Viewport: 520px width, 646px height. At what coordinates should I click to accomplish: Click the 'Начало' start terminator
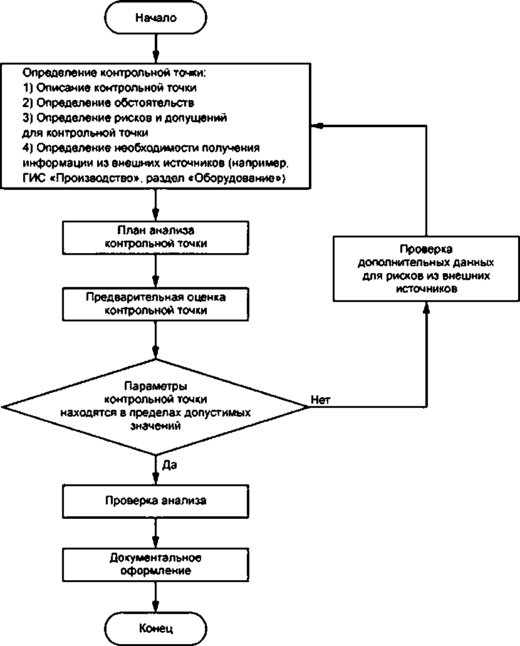[x=156, y=18]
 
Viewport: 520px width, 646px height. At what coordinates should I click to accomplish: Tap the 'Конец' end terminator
[x=156, y=628]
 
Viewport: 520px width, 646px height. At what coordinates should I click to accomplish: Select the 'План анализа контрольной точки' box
[x=156, y=237]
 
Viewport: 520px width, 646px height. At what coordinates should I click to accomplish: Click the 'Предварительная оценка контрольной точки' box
[x=156, y=304]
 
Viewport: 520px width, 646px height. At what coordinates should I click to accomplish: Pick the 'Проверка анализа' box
[x=156, y=501]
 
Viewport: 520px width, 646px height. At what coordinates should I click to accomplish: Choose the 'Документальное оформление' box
[x=156, y=565]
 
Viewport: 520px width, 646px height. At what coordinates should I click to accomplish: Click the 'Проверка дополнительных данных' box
[x=426, y=269]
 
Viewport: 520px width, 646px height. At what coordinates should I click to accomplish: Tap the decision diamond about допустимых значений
[x=156, y=407]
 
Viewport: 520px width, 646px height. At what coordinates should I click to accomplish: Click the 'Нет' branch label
[x=321, y=400]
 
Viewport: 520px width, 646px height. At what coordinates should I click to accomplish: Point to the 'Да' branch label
[x=170, y=465]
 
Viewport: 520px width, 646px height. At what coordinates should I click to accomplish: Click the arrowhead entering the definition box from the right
[x=316, y=126]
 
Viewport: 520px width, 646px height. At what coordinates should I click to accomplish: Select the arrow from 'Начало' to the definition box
[x=156, y=48]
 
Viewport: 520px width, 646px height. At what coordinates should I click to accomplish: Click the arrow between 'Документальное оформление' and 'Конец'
[x=156, y=597]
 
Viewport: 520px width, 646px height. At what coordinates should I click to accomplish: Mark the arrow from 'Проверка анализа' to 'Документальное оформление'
[x=156, y=533]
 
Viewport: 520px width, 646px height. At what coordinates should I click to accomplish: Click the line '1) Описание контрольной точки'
[x=110, y=88]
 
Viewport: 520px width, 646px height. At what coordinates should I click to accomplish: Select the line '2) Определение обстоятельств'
[x=108, y=103]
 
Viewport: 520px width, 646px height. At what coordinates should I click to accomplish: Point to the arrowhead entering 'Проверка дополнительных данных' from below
[x=427, y=308]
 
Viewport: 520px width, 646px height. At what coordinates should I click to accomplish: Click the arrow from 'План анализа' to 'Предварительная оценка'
[x=156, y=271]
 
